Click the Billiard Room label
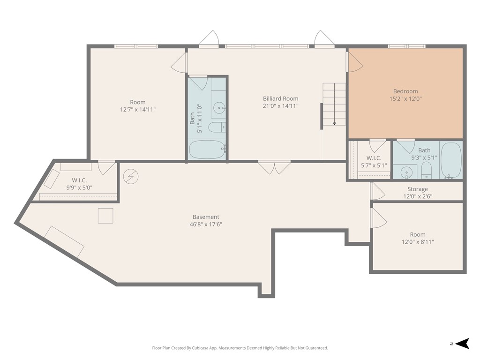click(280, 98)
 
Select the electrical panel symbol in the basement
click(131, 176)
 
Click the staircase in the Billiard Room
click(334, 104)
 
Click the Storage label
click(417, 189)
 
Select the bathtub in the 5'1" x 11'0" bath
click(207, 150)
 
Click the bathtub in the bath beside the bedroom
click(451, 160)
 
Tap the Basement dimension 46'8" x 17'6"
click(206, 224)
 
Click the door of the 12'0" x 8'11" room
click(378, 218)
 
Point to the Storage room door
click(377, 191)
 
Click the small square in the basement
click(105, 216)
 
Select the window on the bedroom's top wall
click(406, 46)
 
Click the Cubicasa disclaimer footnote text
click(240, 348)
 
